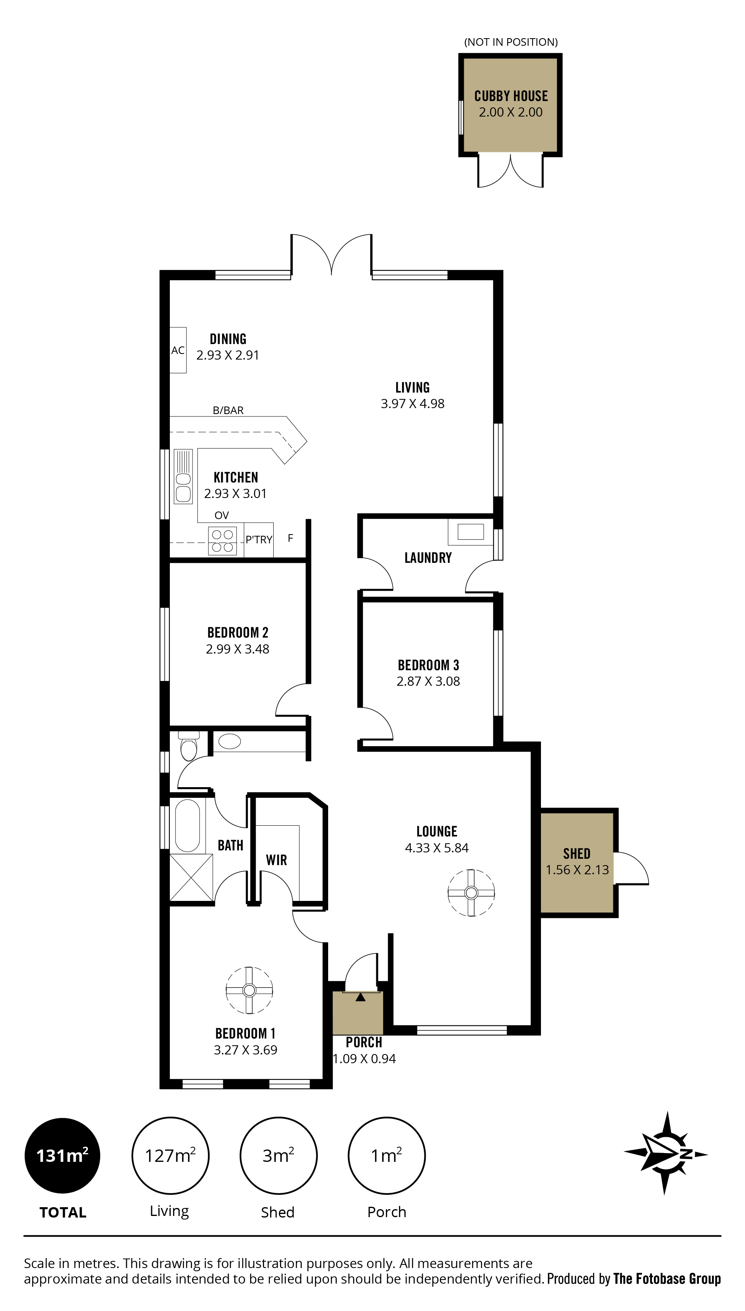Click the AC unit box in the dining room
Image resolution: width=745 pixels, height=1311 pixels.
click(178, 350)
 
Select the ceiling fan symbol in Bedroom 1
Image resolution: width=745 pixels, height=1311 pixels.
click(249, 990)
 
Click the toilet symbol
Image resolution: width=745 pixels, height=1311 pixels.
click(189, 746)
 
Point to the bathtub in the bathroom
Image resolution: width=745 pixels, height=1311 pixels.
click(187, 826)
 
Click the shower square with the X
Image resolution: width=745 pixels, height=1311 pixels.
click(191, 877)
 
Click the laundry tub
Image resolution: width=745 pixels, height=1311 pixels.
click(470, 531)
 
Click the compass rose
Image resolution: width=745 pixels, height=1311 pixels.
click(666, 1153)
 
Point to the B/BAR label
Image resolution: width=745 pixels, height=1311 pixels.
click(228, 410)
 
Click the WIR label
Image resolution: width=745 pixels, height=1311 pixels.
click(276, 860)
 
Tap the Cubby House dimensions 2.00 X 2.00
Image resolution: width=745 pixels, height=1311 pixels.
click(511, 112)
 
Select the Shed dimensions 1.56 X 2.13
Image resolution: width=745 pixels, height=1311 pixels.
click(577, 869)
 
